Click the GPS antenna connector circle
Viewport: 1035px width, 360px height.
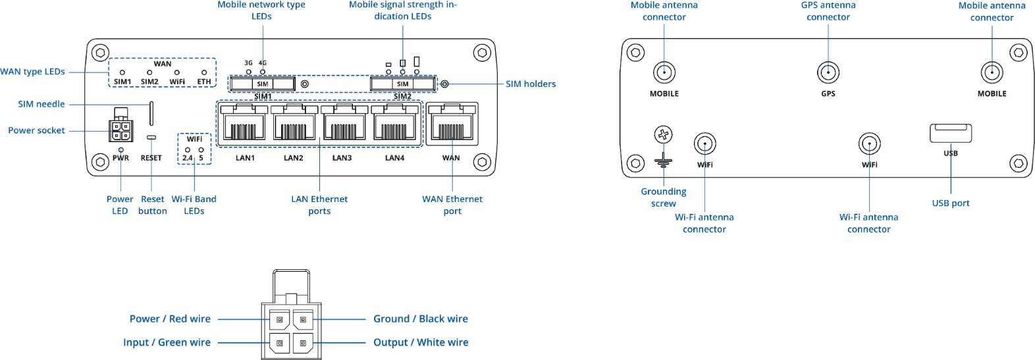tap(828, 72)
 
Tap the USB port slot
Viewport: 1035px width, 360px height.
tap(950, 133)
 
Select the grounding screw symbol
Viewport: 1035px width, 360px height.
tap(663, 136)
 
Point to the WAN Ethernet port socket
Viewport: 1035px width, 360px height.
tap(452, 124)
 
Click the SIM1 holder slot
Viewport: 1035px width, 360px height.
tap(262, 84)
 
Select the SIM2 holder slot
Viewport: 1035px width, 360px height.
tap(402, 84)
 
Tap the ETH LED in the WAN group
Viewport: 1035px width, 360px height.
tap(204, 72)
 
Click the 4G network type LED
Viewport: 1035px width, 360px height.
tap(263, 71)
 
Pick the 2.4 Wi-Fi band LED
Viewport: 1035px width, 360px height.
tap(188, 150)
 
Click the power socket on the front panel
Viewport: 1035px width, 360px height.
tap(120, 130)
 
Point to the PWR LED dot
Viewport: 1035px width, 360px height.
tap(120, 150)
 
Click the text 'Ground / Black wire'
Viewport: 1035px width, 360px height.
tap(420, 319)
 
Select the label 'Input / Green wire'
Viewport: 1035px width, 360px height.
tap(167, 342)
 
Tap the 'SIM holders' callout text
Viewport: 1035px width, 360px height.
tap(530, 84)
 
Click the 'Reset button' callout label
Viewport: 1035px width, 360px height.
tap(152, 205)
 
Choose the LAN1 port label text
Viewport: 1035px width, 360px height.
tap(245, 158)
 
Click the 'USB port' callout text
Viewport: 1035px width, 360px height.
tap(950, 203)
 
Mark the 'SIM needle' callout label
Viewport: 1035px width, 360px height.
tap(41, 104)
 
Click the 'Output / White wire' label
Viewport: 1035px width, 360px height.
tap(421, 342)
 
